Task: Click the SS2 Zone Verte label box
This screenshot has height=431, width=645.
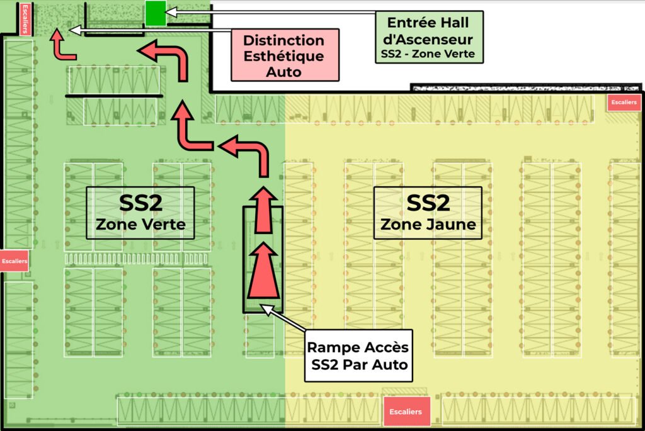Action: (140, 213)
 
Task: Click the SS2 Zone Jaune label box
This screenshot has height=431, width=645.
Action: (428, 213)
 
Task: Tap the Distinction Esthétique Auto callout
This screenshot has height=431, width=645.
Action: (284, 55)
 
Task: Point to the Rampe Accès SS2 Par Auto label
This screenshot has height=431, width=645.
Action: (358, 355)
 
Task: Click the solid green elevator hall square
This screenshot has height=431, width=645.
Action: (155, 13)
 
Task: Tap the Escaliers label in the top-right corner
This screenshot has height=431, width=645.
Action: (624, 102)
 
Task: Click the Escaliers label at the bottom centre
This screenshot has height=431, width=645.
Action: (406, 411)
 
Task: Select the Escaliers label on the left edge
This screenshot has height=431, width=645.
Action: (14, 260)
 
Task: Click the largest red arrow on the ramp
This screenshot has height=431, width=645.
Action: (263, 272)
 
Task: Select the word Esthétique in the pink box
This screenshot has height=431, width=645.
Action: (284, 55)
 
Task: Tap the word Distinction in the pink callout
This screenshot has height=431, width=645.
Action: (284, 40)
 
